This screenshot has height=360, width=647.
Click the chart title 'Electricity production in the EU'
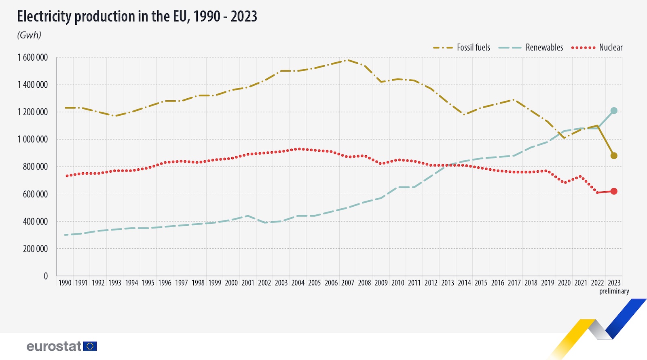click(137, 17)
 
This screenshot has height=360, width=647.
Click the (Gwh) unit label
click(29, 35)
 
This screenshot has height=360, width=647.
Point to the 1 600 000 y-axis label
click(32, 57)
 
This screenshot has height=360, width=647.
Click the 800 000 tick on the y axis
click(35, 167)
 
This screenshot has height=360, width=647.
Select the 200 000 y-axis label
click(35, 249)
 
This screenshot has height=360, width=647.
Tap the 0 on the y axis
click(46, 276)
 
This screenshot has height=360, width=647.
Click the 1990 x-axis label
click(65, 283)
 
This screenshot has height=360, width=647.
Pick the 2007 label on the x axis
click(348, 283)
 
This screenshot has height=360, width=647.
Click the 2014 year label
click(464, 283)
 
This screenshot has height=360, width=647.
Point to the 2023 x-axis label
click(614, 283)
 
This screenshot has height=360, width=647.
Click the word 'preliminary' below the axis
click(614, 291)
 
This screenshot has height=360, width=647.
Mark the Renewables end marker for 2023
click(614, 110)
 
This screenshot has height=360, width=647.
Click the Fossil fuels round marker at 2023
click(614, 156)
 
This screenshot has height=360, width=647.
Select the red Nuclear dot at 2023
click(614, 191)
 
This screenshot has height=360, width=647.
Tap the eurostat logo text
click(54, 346)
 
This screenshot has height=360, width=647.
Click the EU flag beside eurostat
click(90, 346)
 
